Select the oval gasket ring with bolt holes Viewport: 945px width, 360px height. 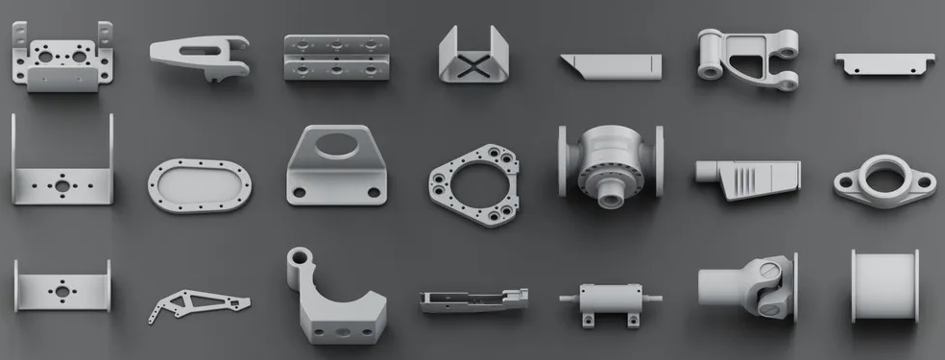click(200, 180)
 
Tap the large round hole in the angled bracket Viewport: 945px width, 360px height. click(334, 146)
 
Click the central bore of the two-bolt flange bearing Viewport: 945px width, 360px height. click(884, 177)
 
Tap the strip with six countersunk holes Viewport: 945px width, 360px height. click(336, 58)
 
